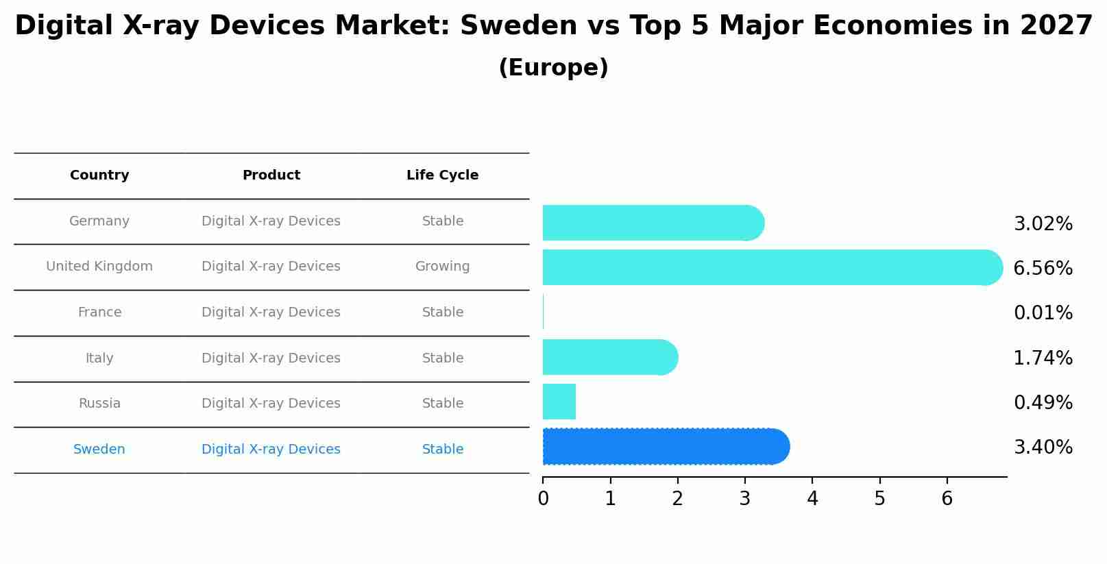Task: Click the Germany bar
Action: [x=651, y=223]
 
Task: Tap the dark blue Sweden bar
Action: [x=665, y=447]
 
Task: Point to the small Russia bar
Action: [x=559, y=402]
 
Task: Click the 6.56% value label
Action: [x=1043, y=269]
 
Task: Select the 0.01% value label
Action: [x=1043, y=313]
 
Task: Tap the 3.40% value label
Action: [x=1043, y=447]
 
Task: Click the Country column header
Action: [x=99, y=175]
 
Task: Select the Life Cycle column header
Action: [x=442, y=175]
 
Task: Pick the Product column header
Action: [x=271, y=175]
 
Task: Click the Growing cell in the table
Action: [x=442, y=267]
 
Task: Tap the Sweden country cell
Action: [x=99, y=450]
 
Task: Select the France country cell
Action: [x=99, y=312]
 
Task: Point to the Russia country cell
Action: [x=99, y=404]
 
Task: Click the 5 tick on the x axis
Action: [x=879, y=499]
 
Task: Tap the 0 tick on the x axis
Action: [x=543, y=499]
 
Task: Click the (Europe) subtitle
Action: [x=553, y=68]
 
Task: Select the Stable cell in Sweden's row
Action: [x=442, y=450]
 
